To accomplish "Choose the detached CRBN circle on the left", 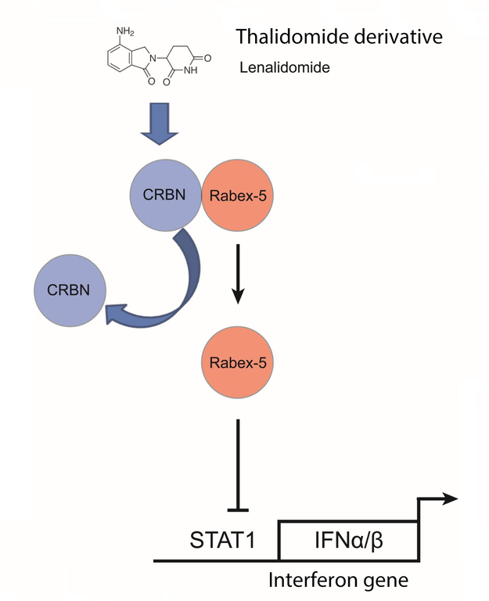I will pos(68,289).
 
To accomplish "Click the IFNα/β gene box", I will pos(349,540).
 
